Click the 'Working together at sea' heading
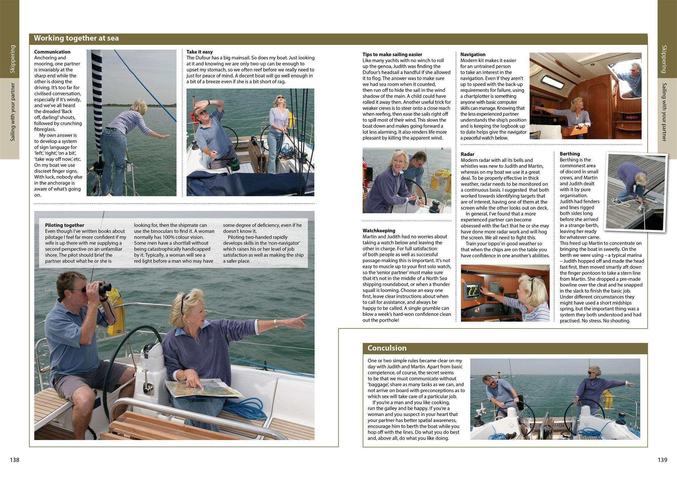[76, 38]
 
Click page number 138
[15, 460]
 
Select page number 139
[662, 460]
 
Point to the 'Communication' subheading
[52, 52]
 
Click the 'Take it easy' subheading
[199, 52]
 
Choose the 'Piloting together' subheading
[64, 225]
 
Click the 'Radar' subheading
[467, 154]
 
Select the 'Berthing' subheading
[570, 154]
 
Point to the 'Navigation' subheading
[473, 54]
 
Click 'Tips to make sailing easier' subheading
[392, 54]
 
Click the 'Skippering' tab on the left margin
[13, 59]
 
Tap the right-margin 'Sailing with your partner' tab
[664, 112]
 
